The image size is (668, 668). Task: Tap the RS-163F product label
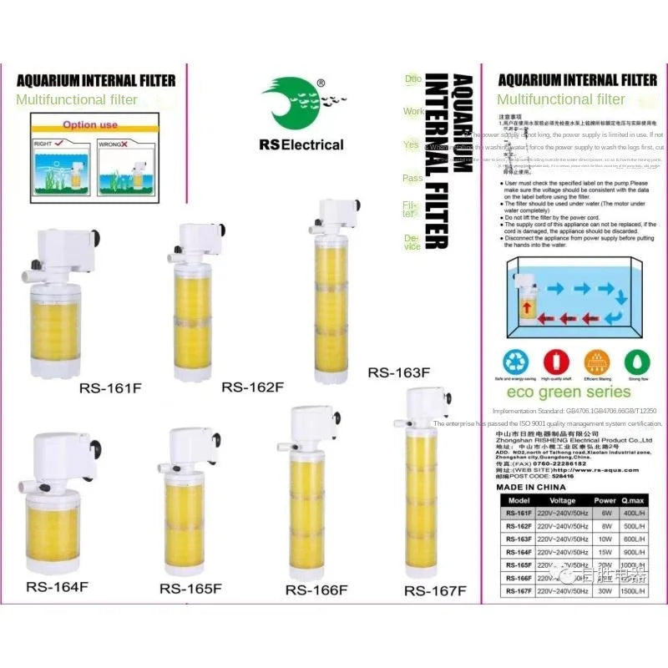click(x=398, y=372)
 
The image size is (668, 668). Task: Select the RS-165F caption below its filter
click(x=190, y=589)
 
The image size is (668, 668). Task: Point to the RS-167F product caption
click(x=434, y=590)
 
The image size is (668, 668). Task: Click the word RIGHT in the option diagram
click(x=43, y=144)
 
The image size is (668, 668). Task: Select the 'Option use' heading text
click(x=90, y=125)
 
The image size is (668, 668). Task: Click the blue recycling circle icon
click(x=514, y=361)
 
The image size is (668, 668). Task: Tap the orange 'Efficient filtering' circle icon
click(x=595, y=361)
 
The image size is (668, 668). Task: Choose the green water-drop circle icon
click(x=635, y=361)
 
